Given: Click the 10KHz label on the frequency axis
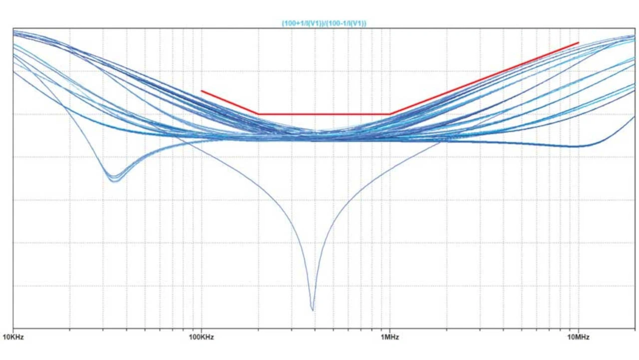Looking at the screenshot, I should coord(13,337).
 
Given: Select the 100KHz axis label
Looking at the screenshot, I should coord(201,337).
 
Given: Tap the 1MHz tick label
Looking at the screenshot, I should coord(390,337).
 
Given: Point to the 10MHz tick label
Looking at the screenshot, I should coord(578,337).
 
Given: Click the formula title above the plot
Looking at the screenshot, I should coord(324,23).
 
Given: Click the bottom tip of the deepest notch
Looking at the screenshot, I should coord(313,310).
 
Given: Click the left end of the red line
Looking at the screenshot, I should coord(202,91).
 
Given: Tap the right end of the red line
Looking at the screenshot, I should coord(578,43).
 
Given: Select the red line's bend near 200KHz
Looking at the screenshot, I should coord(259,114).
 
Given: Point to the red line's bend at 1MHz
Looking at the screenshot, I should coord(390,114).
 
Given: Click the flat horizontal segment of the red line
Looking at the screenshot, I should coord(324,114).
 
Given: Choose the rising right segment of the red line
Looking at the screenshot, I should coord(484,78).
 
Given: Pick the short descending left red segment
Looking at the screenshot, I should coord(230,102).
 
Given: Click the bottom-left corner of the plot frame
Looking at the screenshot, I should coord(13,328).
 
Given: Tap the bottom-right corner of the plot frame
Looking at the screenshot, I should coord(635,328).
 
